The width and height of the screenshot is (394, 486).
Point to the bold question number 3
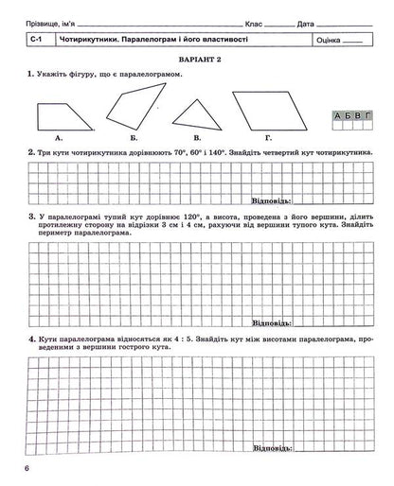click(x=33, y=217)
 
